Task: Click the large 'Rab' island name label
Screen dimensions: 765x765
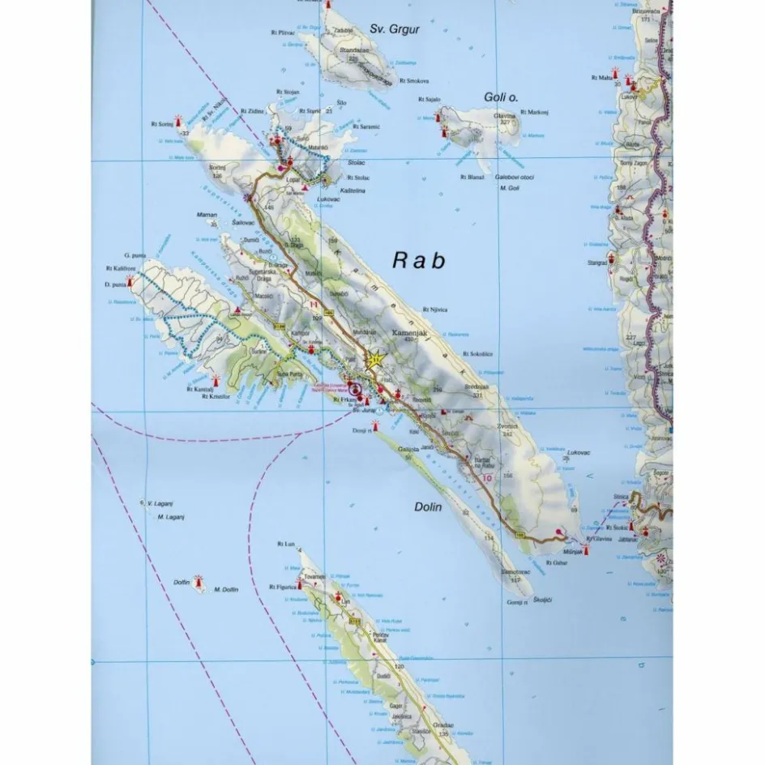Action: (419, 260)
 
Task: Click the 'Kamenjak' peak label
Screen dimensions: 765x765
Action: (409, 332)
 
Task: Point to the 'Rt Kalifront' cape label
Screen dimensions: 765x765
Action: (120, 269)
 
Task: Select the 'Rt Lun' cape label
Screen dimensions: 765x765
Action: (284, 544)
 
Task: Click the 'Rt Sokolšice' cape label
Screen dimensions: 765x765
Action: (478, 354)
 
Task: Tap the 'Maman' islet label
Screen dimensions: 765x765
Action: (207, 216)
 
